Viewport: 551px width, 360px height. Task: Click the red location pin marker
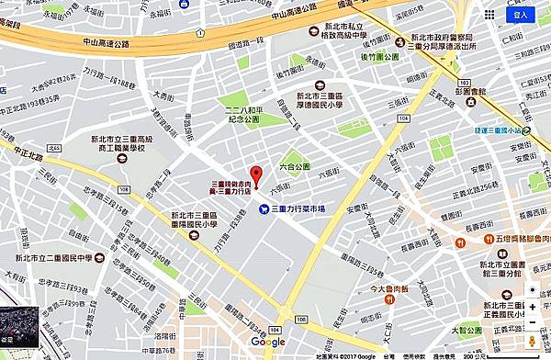pos(256,174)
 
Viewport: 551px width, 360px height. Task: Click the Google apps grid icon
pos(490,15)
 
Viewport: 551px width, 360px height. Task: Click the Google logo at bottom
pos(268,342)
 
